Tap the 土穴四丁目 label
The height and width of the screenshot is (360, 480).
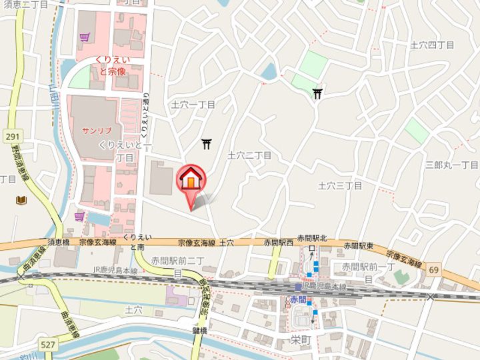432,45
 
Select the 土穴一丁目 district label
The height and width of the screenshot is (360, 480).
193,105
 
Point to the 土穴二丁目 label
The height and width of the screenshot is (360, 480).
249,155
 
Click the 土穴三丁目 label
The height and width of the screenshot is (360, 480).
339,185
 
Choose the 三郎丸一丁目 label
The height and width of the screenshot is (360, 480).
452,165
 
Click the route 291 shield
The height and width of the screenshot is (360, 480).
11,136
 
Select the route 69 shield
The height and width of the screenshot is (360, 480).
434,269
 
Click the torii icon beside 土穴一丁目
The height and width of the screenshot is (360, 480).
207,143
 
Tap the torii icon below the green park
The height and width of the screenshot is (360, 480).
317,94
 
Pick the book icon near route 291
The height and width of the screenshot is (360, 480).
22,200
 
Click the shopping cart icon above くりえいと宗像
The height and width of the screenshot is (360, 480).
83,39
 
